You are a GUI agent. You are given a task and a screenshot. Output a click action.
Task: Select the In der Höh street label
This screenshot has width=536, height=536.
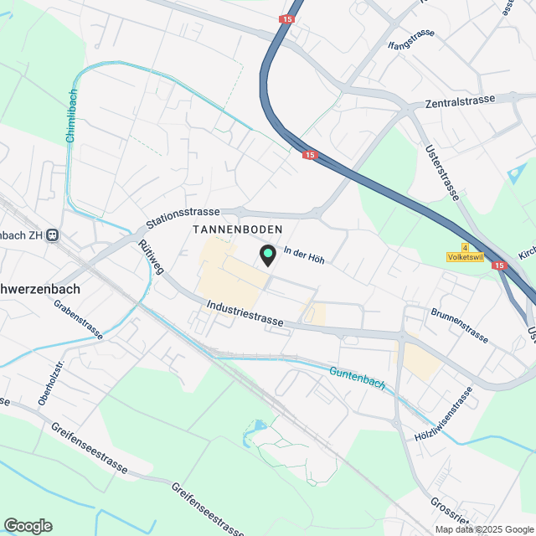coord(304,255)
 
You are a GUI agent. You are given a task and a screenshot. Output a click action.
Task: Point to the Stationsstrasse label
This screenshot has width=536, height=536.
coord(182,218)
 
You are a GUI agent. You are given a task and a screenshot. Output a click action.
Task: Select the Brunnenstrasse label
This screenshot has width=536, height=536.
coord(460,326)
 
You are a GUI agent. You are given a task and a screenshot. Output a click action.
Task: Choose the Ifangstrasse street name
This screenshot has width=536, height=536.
coord(411,39)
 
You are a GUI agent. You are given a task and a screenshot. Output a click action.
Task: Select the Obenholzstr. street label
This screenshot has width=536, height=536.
coord(50,383)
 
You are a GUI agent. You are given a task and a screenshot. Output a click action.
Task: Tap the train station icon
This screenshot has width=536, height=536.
coord(53,235)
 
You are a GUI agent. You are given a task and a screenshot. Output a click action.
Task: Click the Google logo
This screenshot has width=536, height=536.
coord(28,525)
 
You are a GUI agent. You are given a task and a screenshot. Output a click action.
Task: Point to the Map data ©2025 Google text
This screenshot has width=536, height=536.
coord(484,529)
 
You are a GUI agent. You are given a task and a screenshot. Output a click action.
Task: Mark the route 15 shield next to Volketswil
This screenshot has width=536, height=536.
coord(500,265)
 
